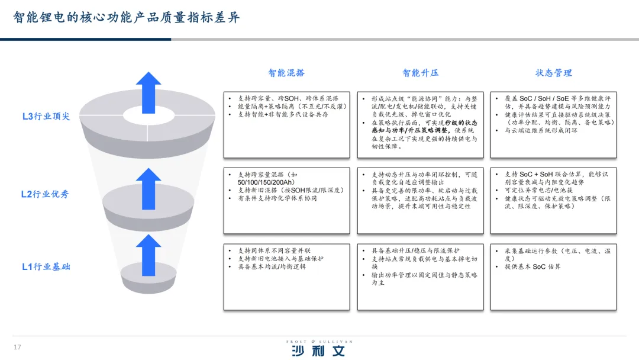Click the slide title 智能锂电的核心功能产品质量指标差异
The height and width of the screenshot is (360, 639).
point(127,17)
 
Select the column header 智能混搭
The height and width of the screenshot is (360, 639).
point(286,73)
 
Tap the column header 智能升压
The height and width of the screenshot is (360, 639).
point(420,73)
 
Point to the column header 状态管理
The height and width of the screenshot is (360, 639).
point(554,73)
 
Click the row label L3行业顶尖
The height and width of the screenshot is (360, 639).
point(46,116)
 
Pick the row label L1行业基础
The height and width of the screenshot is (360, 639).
point(46,266)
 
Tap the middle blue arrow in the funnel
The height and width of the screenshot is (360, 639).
point(148,188)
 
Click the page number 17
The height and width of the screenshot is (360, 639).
point(17,347)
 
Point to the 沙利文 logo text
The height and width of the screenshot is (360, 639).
point(318,351)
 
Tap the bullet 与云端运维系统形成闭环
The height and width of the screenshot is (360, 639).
point(541,130)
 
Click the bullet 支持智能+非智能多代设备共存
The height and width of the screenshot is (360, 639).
point(283,114)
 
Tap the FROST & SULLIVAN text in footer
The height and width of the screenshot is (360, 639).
point(319,342)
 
